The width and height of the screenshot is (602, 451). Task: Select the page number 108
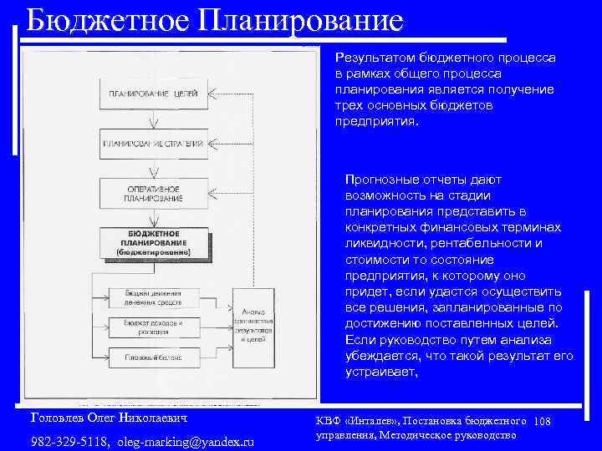click(542, 422)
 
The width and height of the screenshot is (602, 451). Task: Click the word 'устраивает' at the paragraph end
click(380, 372)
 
